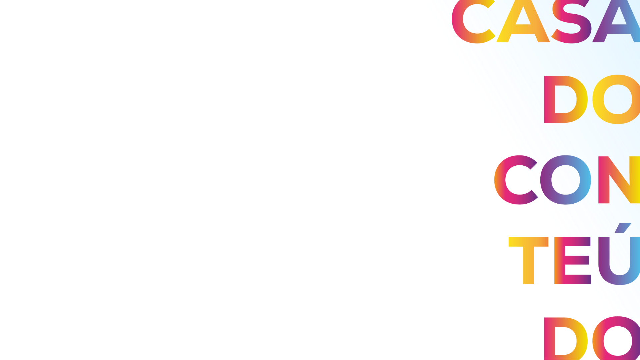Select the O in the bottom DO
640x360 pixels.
(617, 338)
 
